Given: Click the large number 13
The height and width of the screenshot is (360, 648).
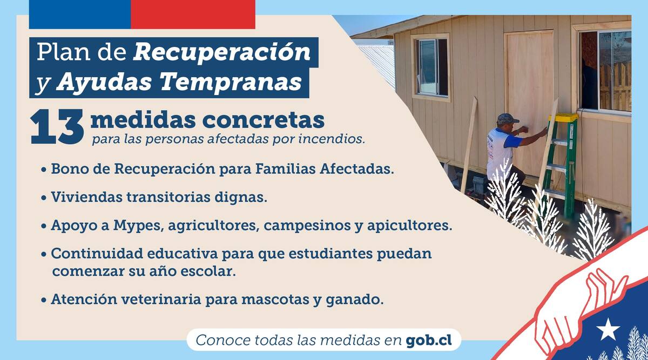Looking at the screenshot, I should (57, 127).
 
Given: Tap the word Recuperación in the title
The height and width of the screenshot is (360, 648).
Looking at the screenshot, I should (222, 52).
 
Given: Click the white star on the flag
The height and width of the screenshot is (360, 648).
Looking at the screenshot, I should (609, 329).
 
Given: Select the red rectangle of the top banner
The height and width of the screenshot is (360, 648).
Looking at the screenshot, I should (193, 14).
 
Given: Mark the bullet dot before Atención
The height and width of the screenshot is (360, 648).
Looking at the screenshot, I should (44, 300).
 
